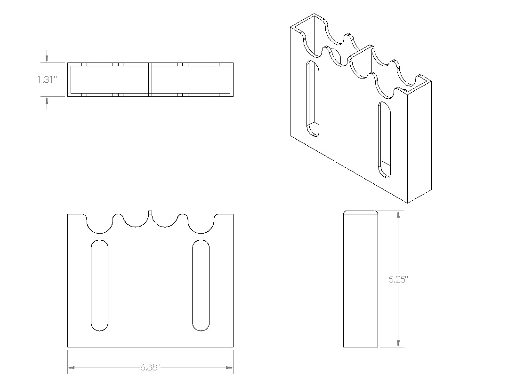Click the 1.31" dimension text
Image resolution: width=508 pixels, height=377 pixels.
point(47,79)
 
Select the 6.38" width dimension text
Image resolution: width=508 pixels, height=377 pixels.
point(150,367)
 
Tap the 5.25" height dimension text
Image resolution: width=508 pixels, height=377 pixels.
point(398,279)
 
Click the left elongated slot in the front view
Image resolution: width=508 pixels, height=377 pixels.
point(99,285)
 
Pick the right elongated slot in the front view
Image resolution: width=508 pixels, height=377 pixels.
point(201,285)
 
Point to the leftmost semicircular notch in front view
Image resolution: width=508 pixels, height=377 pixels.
point(99,225)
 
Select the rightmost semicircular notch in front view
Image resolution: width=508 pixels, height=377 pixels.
point(202,225)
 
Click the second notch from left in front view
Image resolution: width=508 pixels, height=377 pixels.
point(134,221)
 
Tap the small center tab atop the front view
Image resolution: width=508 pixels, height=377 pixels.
point(150,212)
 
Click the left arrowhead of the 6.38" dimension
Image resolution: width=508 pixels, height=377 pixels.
point(71,367)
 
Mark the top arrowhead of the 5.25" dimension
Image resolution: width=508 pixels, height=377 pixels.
point(398,214)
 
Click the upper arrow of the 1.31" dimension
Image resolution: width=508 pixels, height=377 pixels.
point(47,59)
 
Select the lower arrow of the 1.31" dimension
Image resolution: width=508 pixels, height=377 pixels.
point(47,100)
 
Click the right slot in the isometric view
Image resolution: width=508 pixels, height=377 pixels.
point(384,140)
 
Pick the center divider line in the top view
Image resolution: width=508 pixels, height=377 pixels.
point(150,79)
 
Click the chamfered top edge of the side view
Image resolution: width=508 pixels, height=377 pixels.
point(361,212)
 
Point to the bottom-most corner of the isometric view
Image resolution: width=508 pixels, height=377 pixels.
point(407,203)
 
